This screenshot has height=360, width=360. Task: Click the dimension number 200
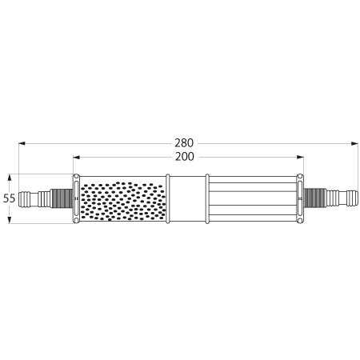pyautogui.click(x=185, y=158)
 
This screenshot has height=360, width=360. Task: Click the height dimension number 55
pyautogui.click(x=10, y=198)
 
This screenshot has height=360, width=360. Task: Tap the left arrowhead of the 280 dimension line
pyautogui.click(x=22, y=144)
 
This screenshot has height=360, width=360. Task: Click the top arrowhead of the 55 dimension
pyautogui.click(x=10, y=176)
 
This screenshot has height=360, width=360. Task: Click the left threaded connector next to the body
pyautogui.click(x=61, y=198)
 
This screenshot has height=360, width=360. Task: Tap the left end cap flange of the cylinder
pyautogui.click(x=76, y=198)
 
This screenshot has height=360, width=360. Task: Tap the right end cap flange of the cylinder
pyautogui.click(x=301, y=198)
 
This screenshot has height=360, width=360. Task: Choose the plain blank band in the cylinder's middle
pyautogui.click(x=187, y=198)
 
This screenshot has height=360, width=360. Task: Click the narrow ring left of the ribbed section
pyautogui.click(x=207, y=198)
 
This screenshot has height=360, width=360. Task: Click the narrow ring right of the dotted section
pyautogui.click(x=168, y=198)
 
